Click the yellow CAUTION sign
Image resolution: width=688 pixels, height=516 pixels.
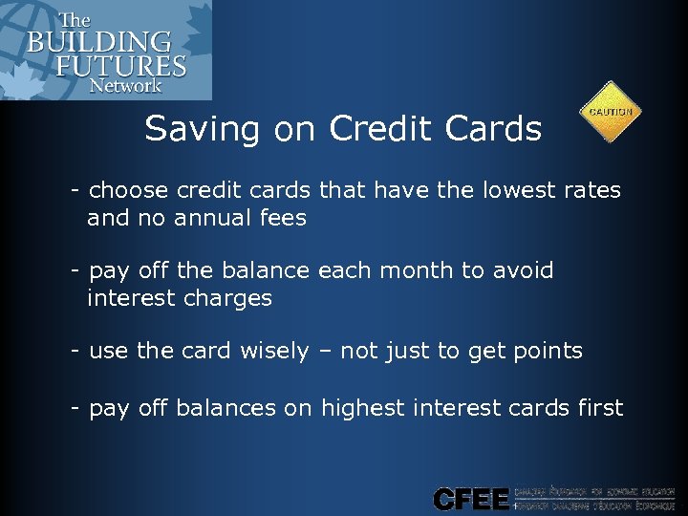pyautogui.click(x=611, y=112)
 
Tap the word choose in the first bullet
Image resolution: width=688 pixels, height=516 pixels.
pyautogui.click(x=127, y=191)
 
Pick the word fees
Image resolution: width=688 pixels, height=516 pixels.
pyautogui.click(x=281, y=218)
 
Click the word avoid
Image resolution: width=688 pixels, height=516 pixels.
pyautogui.click(x=523, y=270)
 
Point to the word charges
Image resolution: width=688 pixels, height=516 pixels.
pyautogui.click(x=226, y=298)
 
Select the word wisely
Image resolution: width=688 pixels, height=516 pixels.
pyautogui.click(x=273, y=351)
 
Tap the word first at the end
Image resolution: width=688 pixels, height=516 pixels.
pyautogui.click(x=599, y=408)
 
